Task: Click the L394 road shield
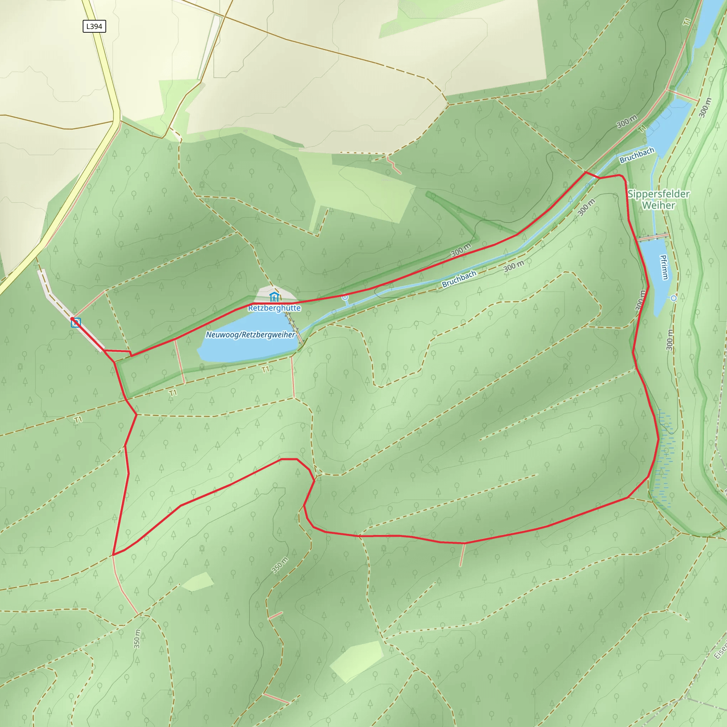[94, 26]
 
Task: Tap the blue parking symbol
[76, 323]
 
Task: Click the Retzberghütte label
[274, 308]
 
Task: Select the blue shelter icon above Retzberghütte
[274, 296]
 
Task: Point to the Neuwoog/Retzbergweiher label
[250, 334]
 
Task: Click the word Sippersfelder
[658, 194]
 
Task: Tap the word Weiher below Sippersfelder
[658, 206]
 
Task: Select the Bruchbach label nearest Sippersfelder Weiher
[637, 155]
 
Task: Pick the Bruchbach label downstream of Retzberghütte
[459, 279]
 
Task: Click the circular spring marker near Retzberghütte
[345, 297]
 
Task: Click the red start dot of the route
[72, 319]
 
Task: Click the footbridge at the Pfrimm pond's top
[653, 237]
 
